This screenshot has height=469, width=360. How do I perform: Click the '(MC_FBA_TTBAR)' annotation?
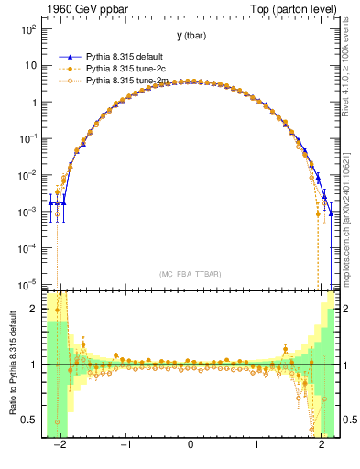click(191, 274)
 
